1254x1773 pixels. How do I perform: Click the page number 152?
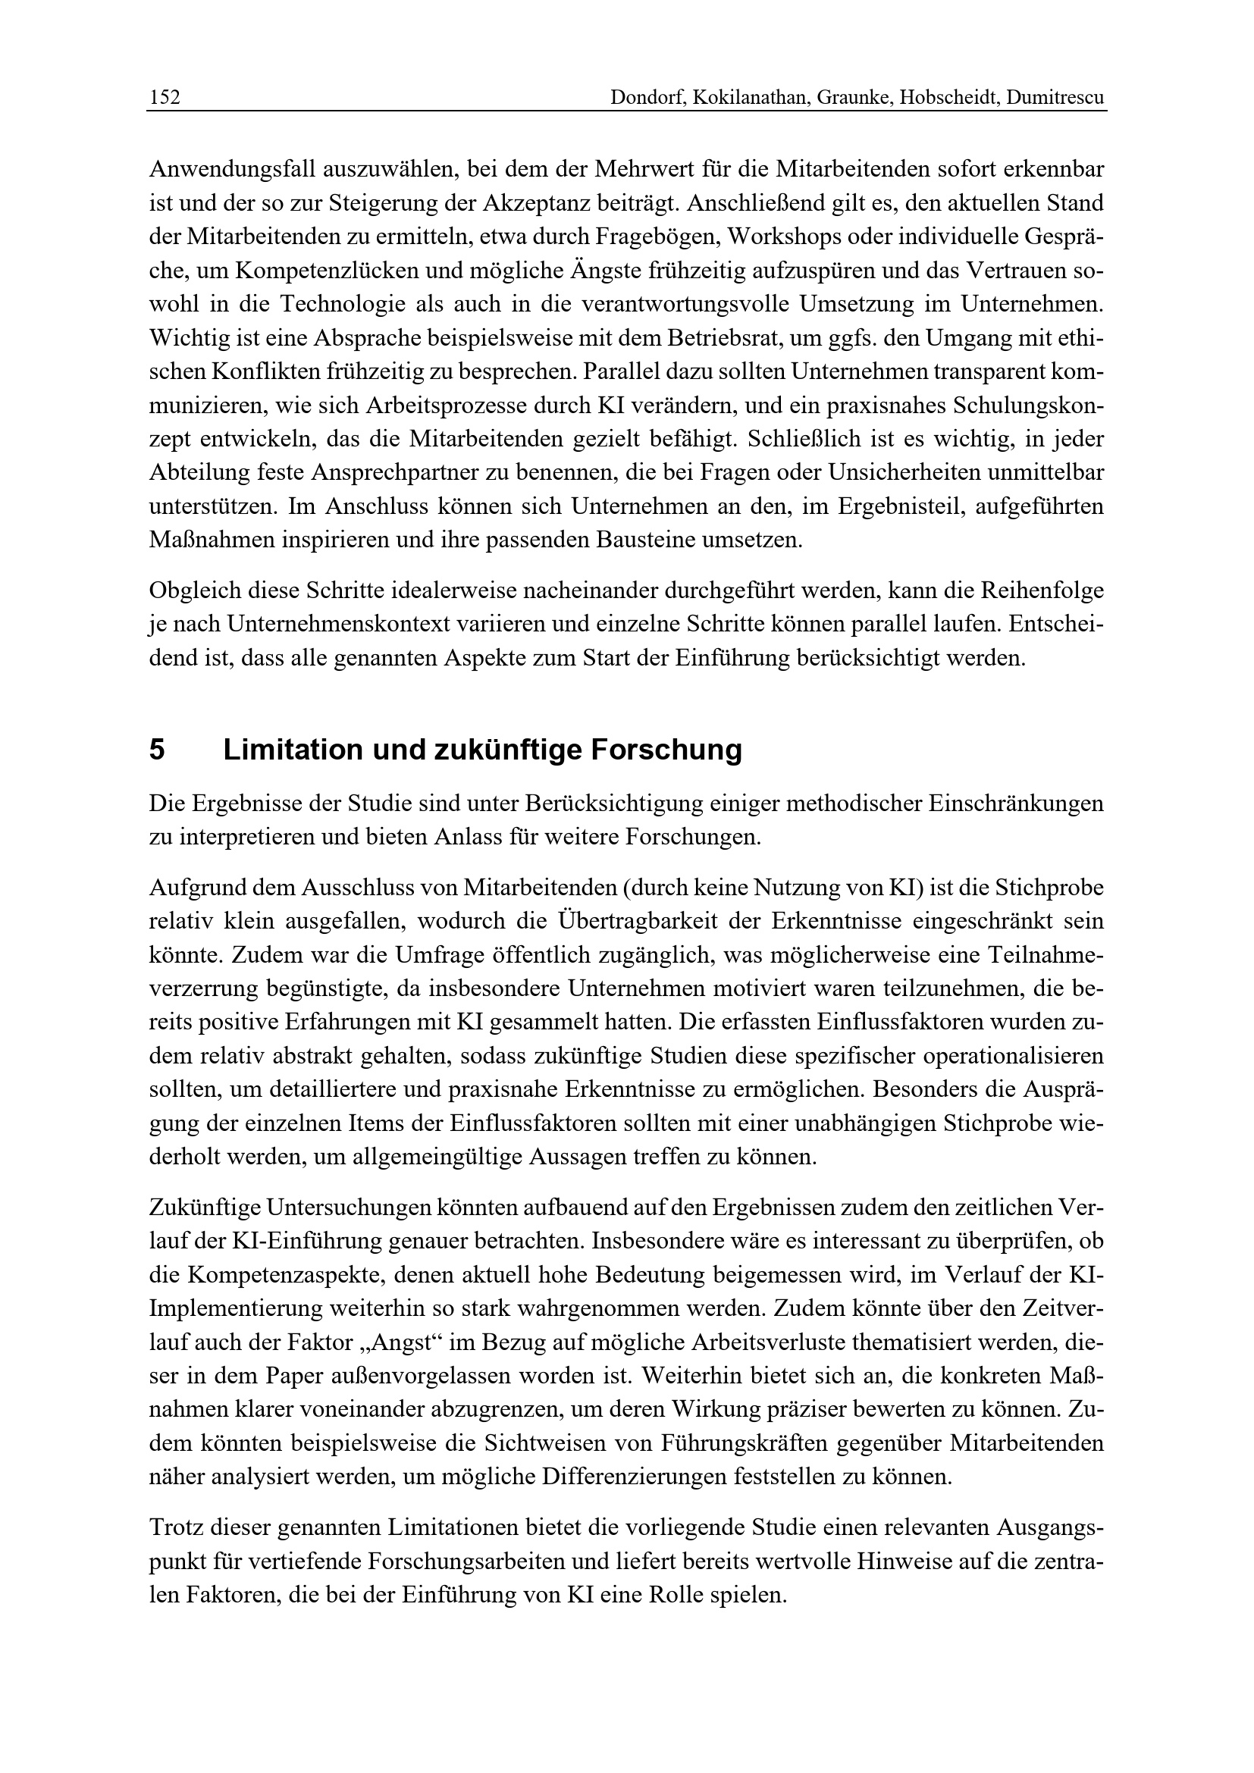point(165,98)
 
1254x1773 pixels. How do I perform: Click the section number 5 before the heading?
point(157,750)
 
